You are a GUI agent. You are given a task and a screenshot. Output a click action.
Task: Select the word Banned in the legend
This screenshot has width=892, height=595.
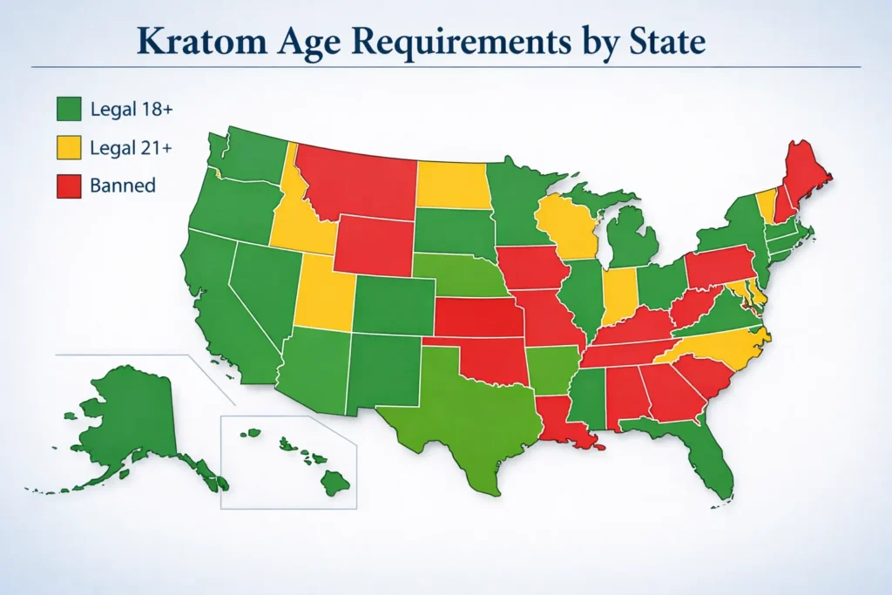(123, 185)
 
